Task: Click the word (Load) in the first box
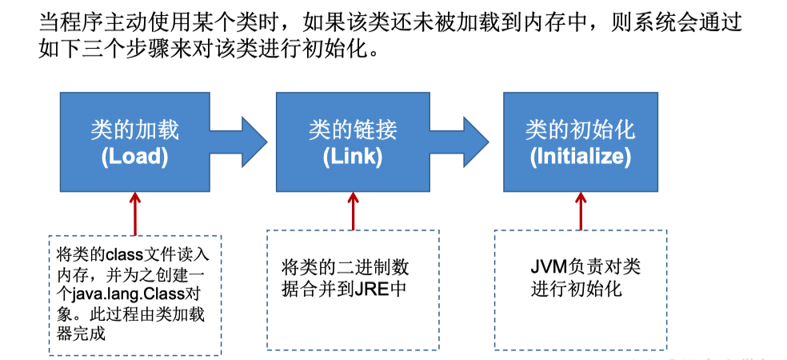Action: coord(134,157)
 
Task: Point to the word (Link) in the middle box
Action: coord(353,157)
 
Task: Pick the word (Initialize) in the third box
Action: coord(580,157)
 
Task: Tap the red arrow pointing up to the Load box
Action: coord(135,212)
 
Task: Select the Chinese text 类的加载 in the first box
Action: coord(134,129)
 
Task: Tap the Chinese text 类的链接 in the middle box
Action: coord(353,129)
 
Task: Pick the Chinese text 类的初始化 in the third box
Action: coord(580,129)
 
